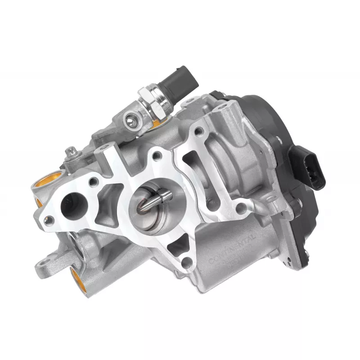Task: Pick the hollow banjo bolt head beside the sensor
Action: [130, 119]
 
